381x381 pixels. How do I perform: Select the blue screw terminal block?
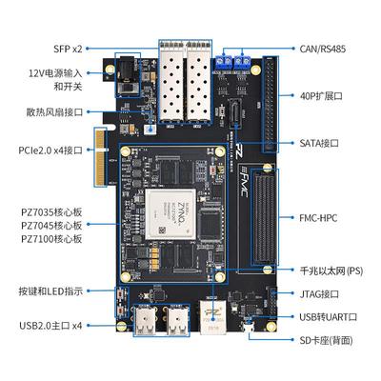234,61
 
